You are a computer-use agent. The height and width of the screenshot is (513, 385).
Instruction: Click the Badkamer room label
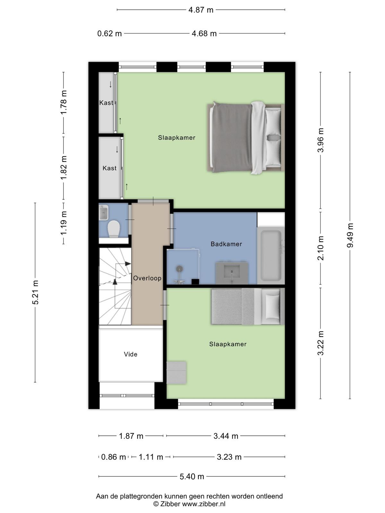[226, 244]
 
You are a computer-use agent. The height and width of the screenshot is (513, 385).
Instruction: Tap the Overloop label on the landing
[147, 278]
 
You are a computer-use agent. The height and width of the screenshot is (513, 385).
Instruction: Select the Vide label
[131, 354]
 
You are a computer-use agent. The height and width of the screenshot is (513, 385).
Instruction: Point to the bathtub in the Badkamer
[271, 256]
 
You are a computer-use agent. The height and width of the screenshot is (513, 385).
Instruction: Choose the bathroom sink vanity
[231, 273]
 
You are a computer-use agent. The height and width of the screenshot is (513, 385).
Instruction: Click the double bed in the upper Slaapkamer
[246, 138]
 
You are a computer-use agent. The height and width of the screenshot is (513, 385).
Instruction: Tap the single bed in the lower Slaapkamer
[248, 307]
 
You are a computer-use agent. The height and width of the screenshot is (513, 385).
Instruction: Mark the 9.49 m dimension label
[350, 235]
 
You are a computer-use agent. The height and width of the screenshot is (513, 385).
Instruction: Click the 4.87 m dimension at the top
[201, 10]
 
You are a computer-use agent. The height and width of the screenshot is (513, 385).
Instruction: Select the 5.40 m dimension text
[192, 476]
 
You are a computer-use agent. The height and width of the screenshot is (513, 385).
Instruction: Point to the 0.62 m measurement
[109, 34]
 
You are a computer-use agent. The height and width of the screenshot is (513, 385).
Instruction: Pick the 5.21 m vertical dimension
[35, 292]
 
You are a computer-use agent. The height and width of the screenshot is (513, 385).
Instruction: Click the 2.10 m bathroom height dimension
[321, 248]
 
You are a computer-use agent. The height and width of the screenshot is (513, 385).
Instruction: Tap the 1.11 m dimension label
[151, 457]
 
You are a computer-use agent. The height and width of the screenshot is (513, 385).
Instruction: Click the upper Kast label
[106, 103]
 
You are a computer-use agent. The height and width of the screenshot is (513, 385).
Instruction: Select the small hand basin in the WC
[104, 212]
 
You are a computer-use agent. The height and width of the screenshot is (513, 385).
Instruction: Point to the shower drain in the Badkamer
[180, 269]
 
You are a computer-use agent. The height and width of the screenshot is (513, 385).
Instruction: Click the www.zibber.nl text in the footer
[204, 504]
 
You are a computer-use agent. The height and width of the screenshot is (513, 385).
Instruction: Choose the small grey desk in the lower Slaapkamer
[176, 373]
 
